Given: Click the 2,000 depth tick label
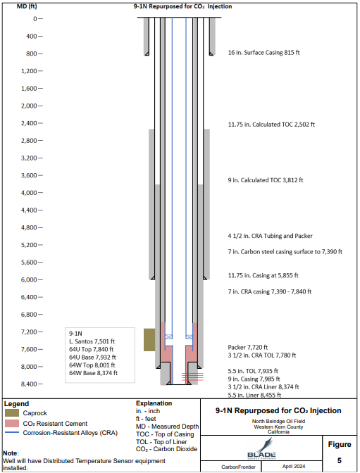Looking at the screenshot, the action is [29, 106].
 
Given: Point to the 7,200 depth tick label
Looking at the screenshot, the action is [29, 332].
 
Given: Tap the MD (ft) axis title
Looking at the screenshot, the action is [27, 6].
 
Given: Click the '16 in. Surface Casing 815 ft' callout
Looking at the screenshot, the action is [263, 53].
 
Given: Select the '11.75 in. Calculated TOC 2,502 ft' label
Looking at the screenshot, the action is [271, 125].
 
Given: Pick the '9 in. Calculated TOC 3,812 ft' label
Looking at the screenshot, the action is [266, 180].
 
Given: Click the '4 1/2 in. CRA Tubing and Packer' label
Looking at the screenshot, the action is [270, 236].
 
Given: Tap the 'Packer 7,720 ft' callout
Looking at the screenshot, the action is [248, 347].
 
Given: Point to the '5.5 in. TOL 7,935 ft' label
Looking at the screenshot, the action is [253, 371].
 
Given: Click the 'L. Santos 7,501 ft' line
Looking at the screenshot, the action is [92, 341].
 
